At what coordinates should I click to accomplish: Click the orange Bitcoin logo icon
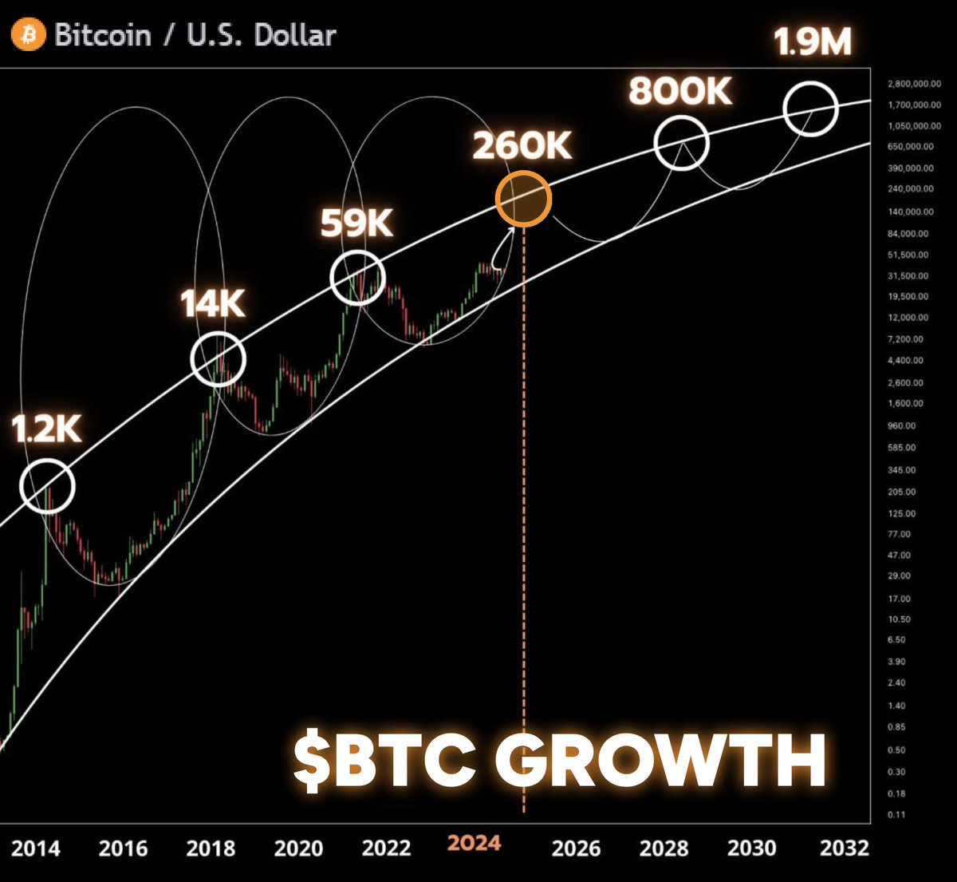(x=28, y=35)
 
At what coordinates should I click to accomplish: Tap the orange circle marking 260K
(x=523, y=200)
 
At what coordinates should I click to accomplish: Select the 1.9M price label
(x=813, y=42)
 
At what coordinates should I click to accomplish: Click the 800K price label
(x=679, y=92)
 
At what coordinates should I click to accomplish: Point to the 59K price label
(x=356, y=224)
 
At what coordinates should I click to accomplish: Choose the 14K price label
(x=212, y=304)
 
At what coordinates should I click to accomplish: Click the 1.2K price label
(x=46, y=429)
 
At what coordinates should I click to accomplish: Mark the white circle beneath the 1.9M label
(x=810, y=108)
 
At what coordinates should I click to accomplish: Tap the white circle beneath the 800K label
(x=681, y=143)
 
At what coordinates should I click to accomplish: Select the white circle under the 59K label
(x=357, y=277)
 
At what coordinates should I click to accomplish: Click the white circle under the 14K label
(x=219, y=359)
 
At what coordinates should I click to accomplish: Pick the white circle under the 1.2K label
(x=47, y=485)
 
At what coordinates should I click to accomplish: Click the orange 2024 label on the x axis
(x=474, y=844)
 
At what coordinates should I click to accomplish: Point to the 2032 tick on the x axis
(x=844, y=847)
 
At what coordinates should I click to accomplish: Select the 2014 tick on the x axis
(x=35, y=847)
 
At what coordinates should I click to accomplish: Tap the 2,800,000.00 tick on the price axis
(x=908, y=85)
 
